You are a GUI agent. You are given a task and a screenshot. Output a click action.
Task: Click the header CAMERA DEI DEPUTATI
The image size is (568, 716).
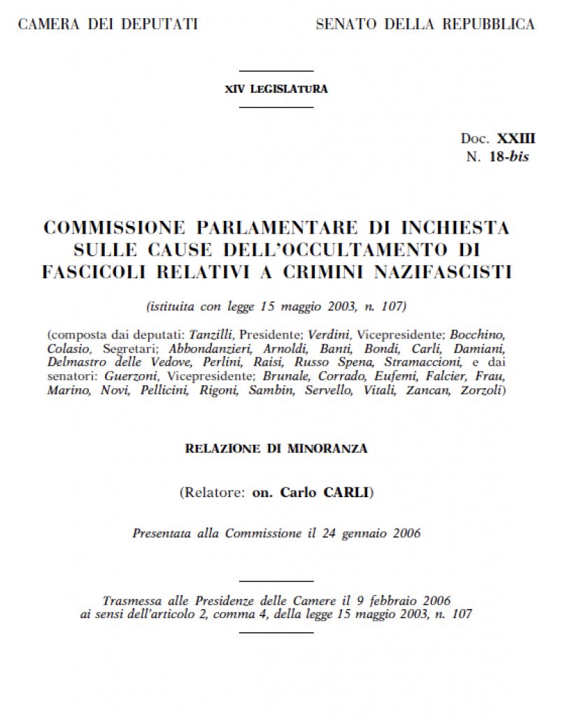click(x=108, y=24)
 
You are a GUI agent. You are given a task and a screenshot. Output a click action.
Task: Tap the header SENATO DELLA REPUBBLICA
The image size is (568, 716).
click(x=425, y=24)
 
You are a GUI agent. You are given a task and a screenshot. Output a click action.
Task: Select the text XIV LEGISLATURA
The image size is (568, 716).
click(x=276, y=89)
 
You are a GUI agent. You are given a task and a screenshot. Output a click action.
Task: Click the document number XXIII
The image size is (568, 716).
click(x=516, y=138)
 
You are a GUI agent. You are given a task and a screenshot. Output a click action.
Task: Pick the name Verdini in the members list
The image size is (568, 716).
click(x=327, y=335)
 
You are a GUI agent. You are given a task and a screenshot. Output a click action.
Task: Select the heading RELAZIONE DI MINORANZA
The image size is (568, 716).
click(x=276, y=449)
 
